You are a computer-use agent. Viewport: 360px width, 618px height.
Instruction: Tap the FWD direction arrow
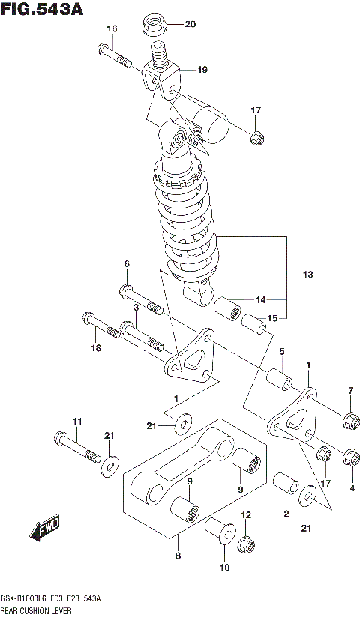[x=46, y=529]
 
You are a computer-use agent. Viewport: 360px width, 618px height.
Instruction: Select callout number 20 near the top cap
[x=189, y=24]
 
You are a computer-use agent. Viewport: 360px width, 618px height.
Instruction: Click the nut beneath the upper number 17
[x=256, y=137]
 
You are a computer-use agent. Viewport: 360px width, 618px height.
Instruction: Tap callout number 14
[x=260, y=299]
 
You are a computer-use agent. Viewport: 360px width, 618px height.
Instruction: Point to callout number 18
[x=95, y=347]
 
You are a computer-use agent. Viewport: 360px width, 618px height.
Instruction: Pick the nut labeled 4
[x=349, y=456]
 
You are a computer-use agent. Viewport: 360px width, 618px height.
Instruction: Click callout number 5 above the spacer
[x=282, y=352]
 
